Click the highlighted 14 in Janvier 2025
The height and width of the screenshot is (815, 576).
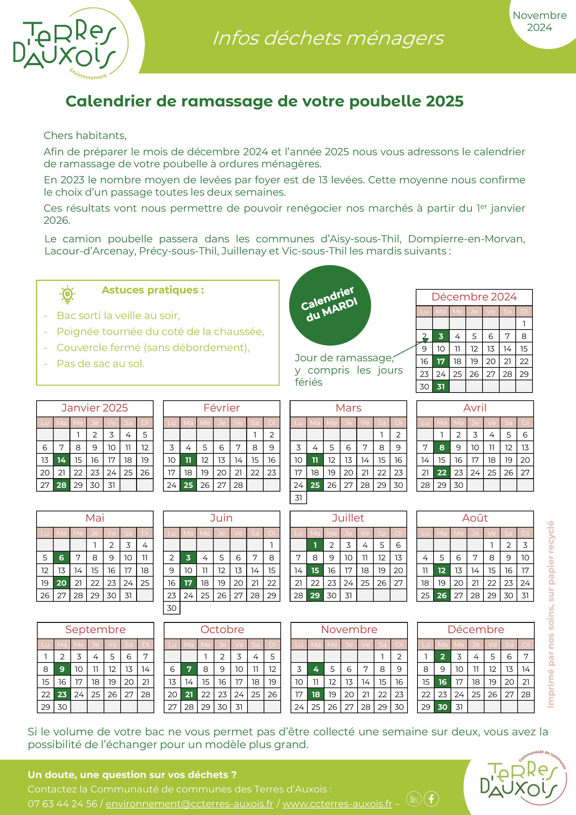point(61,460)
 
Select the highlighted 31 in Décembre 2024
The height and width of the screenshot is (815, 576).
point(441,387)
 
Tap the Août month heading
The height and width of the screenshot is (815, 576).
point(475,518)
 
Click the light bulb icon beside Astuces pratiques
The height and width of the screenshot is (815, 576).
point(67,295)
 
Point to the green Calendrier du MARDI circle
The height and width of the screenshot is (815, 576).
point(330,305)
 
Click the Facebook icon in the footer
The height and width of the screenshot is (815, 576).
point(431,799)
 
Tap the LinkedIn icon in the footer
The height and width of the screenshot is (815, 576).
point(414,799)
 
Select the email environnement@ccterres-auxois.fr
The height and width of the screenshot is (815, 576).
point(190,804)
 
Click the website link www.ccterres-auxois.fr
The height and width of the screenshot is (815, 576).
point(337,804)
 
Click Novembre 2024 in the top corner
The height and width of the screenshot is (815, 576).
point(540,21)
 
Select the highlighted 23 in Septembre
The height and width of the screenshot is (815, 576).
point(62,694)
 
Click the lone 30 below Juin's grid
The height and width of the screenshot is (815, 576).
point(172,608)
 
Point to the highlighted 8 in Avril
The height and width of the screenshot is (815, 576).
point(442,447)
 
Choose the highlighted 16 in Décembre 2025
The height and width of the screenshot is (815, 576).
point(442,682)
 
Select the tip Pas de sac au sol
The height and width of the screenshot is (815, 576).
point(101,364)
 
